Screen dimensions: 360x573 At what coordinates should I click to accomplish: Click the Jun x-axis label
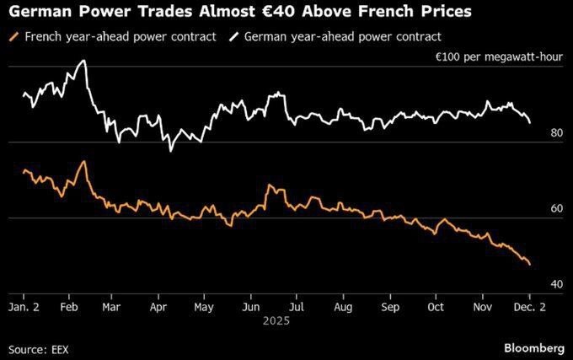point(249,307)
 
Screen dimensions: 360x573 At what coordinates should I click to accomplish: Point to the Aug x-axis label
point(344,307)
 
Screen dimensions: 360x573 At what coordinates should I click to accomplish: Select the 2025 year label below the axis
point(273,321)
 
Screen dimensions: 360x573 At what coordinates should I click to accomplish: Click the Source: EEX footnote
point(38,348)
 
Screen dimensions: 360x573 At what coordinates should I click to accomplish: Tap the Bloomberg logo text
point(534,347)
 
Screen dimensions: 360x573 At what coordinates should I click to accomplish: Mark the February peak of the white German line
point(83,61)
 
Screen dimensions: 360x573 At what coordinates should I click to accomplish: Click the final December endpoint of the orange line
point(529,265)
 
